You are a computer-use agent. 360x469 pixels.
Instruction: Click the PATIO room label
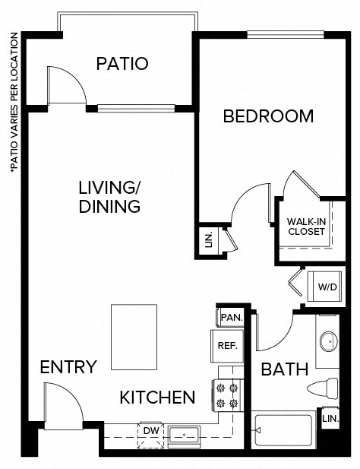[x=122, y=64]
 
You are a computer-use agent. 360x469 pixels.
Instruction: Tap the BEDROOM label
[x=267, y=116]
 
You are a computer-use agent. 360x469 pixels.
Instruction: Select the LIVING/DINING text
[x=110, y=197]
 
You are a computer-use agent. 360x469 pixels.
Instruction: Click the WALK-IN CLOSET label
[x=306, y=227]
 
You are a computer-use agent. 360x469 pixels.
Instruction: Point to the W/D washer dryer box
[x=327, y=287]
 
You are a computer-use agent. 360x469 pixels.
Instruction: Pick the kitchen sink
[x=184, y=436]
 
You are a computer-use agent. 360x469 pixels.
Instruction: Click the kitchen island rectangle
[x=134, y=335]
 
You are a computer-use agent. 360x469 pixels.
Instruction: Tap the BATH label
[x=284, y=370]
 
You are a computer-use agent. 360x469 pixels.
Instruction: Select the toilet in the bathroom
[x=323, y=388]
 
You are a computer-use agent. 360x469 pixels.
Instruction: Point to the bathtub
[x=285, y=431]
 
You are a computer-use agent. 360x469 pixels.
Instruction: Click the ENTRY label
[x=68, y=368]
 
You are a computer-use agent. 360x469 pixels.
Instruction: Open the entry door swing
[x=64, y=404]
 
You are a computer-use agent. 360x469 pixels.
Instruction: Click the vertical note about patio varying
[x=13, y=103]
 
